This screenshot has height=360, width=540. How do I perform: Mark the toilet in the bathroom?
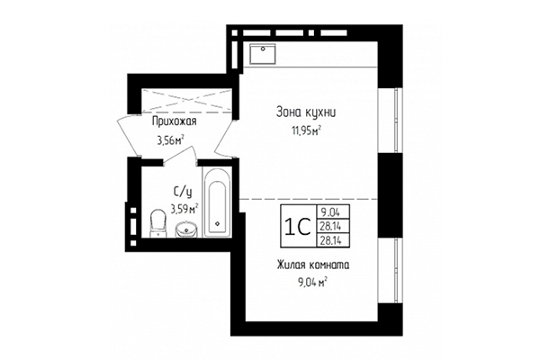pyautogui.click(x=157, y=221)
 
